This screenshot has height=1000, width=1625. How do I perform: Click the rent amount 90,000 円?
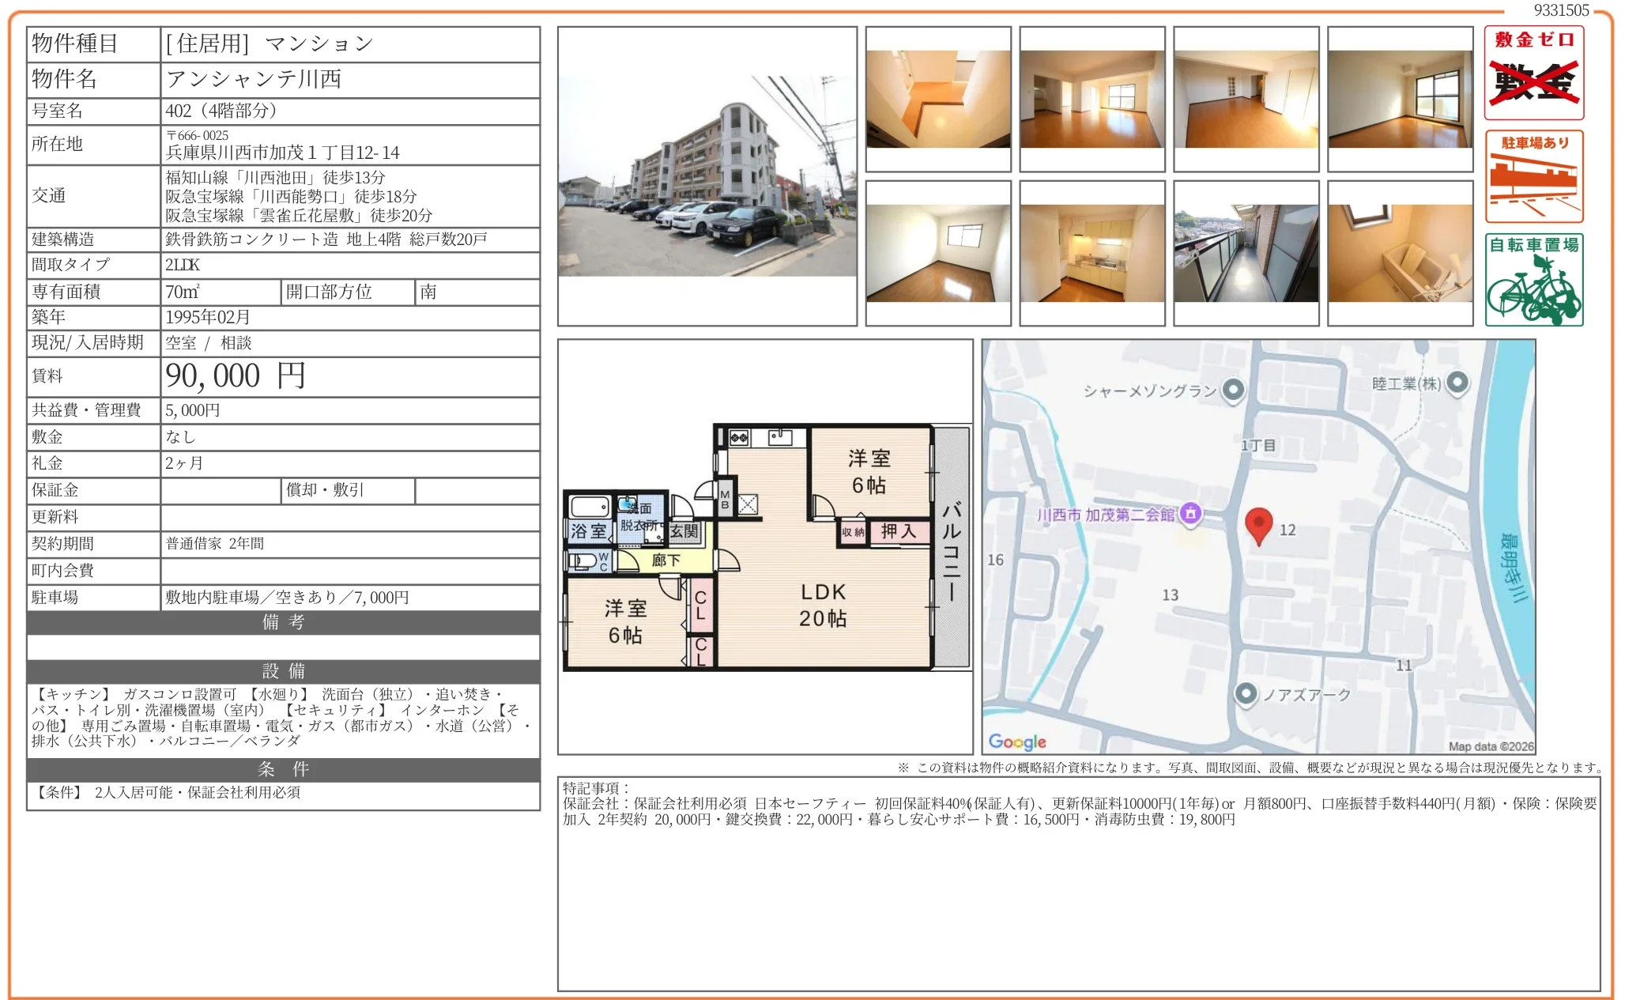(235, 376)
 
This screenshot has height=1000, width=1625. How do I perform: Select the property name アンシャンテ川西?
(254, 79)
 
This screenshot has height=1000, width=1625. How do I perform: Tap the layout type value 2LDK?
(183, 265)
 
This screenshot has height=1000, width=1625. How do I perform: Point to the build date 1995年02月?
(208, 317)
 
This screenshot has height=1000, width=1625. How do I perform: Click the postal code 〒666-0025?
(197, 135)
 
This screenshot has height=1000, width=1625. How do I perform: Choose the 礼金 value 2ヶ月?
(184, 463)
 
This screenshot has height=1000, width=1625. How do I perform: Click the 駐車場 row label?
(55, 598)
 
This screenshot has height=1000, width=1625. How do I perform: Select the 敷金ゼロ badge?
(1534, 73)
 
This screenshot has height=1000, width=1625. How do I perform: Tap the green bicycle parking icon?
(1534, 280)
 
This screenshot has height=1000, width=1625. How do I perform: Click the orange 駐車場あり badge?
(1534, 176)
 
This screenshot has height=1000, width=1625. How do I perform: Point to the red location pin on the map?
(1258, 526)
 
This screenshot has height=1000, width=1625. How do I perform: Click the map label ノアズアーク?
(1306, 695)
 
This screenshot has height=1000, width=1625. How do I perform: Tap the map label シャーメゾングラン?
(1150, 391)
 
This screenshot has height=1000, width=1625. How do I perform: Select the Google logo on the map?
(1017, 742)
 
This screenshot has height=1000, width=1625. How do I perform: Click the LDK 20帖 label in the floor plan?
(823, 605)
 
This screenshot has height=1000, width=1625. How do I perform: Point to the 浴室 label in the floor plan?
(589, 531)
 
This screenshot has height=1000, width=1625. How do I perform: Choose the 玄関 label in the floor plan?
(684, 531)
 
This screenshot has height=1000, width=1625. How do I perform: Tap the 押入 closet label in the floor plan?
(899, 531)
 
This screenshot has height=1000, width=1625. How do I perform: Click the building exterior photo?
(707, 175)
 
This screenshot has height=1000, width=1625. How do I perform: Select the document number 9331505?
(1561, 10)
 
